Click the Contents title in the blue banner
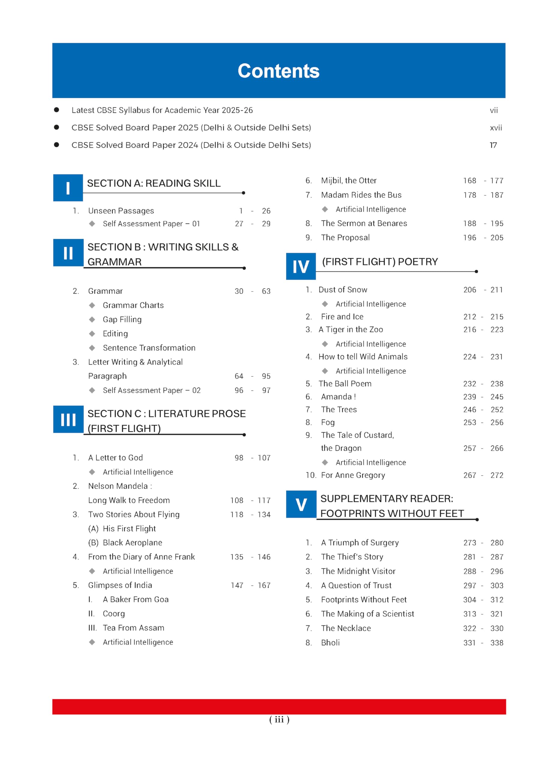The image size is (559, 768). [279, 71]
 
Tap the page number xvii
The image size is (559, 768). [496, 128]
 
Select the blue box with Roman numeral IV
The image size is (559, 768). [301, 266]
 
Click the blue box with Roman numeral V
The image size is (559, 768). [301, 504]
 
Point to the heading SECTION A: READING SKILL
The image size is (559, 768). [154, 183]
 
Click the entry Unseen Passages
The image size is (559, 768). [121, 211]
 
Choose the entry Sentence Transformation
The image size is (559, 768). [149, 348]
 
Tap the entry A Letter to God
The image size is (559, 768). [116, 457]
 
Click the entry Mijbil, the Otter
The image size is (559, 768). [349, 181]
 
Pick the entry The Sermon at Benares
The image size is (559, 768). [364, 223]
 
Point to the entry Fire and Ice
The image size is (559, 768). [342, 316]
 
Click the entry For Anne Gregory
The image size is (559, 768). [353, 475]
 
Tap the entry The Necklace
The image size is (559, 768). [346, 628]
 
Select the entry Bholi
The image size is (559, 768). [330, 642]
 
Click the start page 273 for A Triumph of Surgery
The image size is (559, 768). [469, 542]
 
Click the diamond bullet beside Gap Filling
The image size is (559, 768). [92, 319]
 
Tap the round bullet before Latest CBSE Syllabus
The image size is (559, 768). [56, 110]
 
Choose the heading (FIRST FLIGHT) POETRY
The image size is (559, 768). [380, 262]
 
